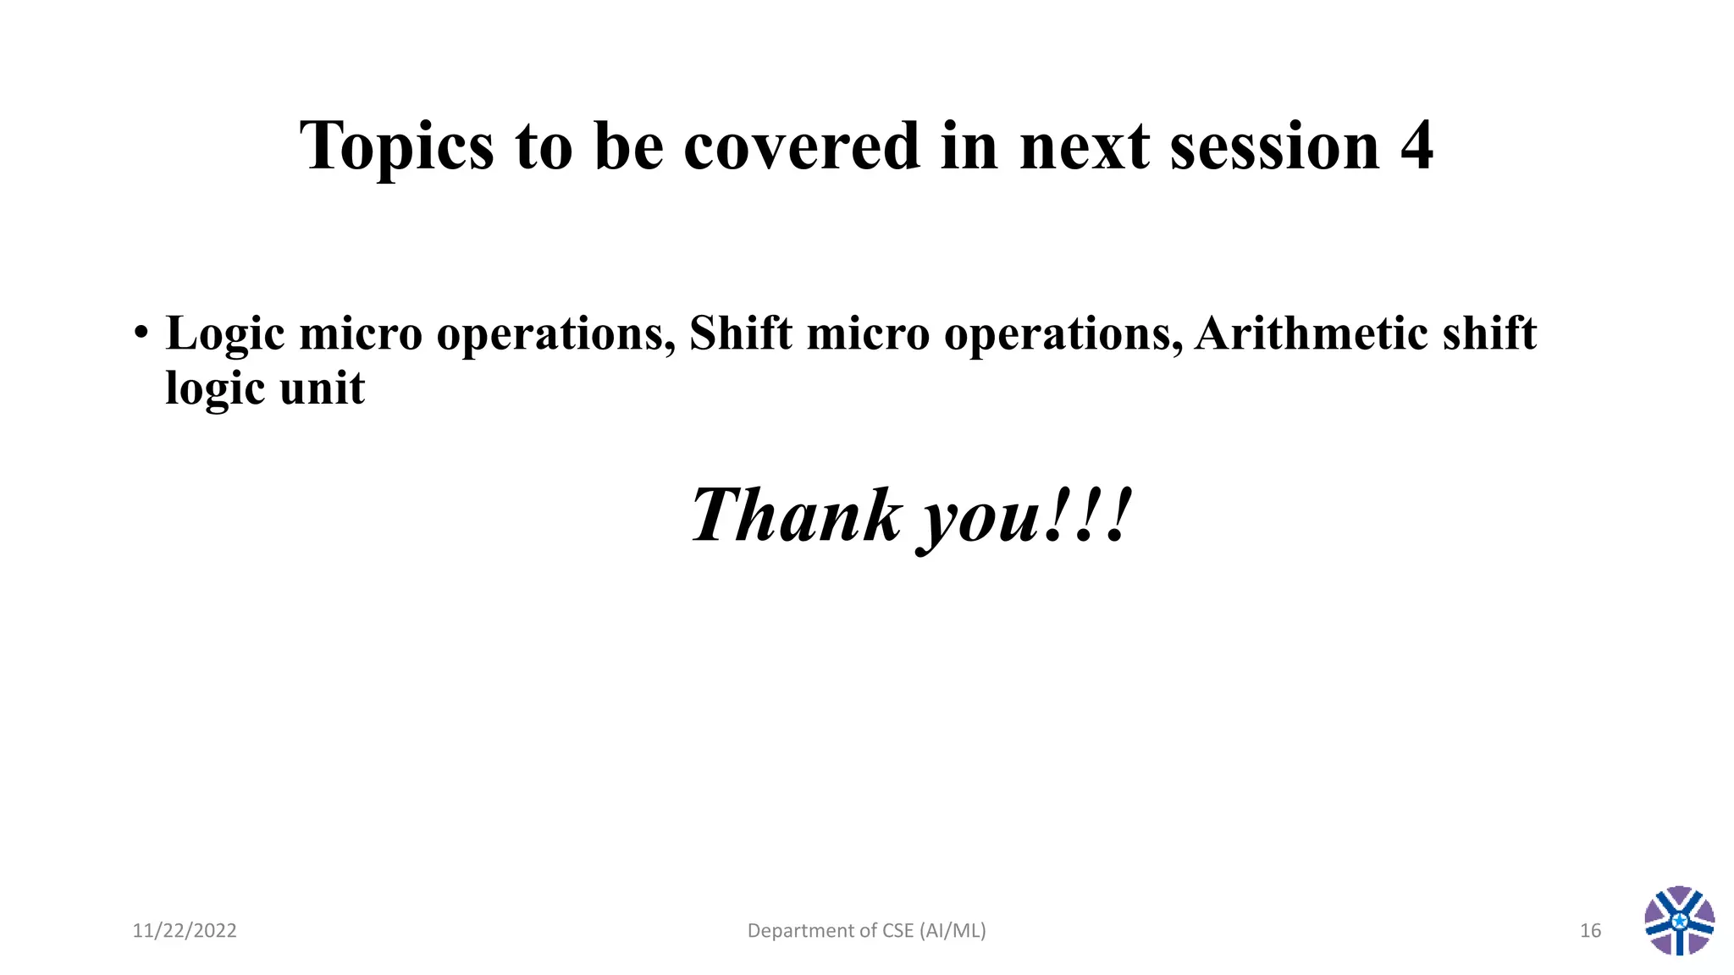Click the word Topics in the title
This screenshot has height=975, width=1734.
[396, 147]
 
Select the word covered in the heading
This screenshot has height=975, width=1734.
[801, 146]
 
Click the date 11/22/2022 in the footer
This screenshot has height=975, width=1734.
[185, 931]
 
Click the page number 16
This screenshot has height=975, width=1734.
[1590, 931]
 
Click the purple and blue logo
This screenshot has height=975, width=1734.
[1680, 921]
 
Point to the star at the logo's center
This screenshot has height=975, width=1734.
[1680, 920]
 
